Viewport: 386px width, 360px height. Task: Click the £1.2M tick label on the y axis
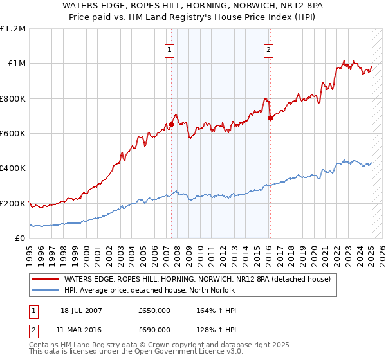click(x=13, y=29)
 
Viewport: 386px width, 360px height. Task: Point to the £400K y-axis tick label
click(x=13, y=168)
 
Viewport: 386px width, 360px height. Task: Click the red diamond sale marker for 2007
click(x=172, y=125)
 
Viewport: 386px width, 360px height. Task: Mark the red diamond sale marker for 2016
click(x=270, y=118)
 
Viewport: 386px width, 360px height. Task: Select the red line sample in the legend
click(x=44, y=279)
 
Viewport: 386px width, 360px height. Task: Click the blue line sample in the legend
click(x=44, y=290)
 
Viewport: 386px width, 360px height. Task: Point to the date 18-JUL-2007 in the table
click(x=78, y=310)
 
